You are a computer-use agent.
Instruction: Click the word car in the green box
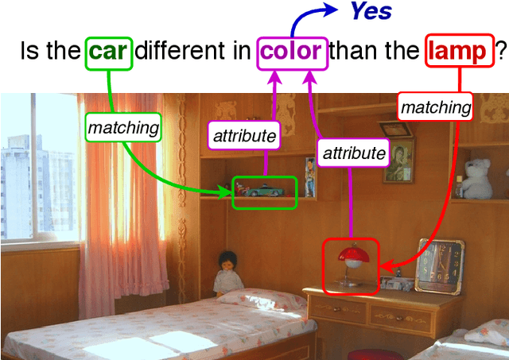coord(109,52)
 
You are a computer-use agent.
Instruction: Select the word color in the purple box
coord(292,52)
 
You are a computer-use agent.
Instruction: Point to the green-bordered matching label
coord(123,126)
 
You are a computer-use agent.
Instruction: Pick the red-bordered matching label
coord(436,106)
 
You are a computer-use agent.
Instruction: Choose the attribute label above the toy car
coord(245,136)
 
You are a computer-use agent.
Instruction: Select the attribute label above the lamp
coord(352,152)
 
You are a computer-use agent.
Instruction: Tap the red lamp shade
coord(350,255)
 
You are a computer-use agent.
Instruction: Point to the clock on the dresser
coord(437,261)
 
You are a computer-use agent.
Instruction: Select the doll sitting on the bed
coord(229,273)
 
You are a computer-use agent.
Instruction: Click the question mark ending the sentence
coord(501,52)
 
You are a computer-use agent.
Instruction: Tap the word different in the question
coord(194,52)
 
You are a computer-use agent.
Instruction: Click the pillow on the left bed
coord(258,299)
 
